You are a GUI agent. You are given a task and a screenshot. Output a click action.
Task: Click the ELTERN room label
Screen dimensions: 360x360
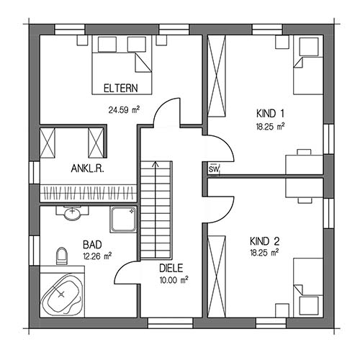(x=121, y=89)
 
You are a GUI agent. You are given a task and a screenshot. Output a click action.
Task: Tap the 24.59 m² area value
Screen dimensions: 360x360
(x=124, y=110)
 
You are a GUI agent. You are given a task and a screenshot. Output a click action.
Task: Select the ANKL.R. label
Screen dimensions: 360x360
(x=88, y=168)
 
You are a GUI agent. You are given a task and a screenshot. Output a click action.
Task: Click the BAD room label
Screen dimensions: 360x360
(x=92, y=245)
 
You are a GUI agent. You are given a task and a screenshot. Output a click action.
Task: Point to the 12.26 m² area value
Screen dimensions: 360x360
(x=97, y=256)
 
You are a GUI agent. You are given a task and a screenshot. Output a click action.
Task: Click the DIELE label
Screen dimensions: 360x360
(x=171, y=268)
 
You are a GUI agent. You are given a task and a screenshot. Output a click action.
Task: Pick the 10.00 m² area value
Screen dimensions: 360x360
(x=174, y=280)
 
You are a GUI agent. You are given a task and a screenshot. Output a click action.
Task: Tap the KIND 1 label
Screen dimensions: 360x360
(x=270, y=114)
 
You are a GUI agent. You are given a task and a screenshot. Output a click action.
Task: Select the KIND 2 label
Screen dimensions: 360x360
(x=265, y=241)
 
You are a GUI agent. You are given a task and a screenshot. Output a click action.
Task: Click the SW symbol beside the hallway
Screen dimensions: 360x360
(x=214, y=169)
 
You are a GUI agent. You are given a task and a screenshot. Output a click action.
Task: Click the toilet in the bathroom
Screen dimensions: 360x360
(x=62, y=256)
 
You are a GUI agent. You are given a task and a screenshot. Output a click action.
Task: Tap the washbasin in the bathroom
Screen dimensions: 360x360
(x=72, y=213)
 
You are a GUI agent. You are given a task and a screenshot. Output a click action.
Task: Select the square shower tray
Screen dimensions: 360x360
(x=123, y=220)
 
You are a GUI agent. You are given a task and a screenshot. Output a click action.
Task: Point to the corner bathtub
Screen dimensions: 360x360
(x=62, y=294)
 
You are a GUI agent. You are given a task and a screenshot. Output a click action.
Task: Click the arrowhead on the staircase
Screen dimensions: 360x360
(x=156, y=164)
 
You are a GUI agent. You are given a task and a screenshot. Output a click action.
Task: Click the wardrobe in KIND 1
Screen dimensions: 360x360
(x=217, y=76)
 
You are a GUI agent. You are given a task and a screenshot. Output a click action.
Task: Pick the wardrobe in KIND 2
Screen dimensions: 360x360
(x=217, y=276)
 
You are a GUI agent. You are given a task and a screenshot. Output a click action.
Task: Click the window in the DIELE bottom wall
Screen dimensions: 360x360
(x=171, y=323)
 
